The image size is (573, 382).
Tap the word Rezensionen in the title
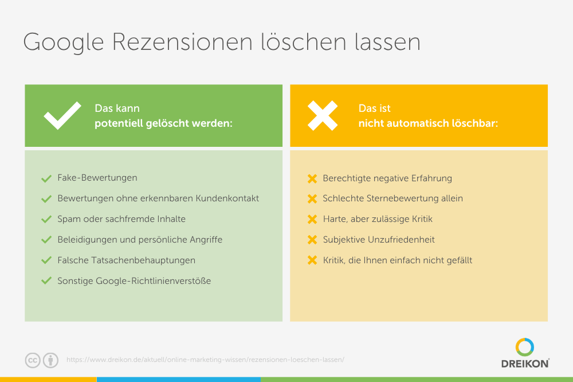coord(182,42)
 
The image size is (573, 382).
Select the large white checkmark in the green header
coord(62,115)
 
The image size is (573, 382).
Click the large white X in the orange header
coord(322,116)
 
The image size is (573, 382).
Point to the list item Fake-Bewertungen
coord(97,178)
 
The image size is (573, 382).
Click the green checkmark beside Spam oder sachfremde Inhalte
coord(46,219)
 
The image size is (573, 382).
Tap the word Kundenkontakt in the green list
coord(227,198)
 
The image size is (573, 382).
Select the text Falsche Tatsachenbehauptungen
coord(127,260)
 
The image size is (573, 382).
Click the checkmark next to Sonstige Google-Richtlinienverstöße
coord(46,280)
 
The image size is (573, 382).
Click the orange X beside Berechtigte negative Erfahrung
coord(312,178)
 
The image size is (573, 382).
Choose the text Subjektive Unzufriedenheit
coord(379,240)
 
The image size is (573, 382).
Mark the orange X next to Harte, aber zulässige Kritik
coord(312,219)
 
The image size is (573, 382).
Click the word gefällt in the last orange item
coord(460,260)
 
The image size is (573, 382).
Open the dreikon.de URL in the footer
coord(205,360)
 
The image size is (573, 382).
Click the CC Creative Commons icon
coord(33,360)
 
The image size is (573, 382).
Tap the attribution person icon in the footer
coord(50,360)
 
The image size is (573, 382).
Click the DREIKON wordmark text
coord(525,363)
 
